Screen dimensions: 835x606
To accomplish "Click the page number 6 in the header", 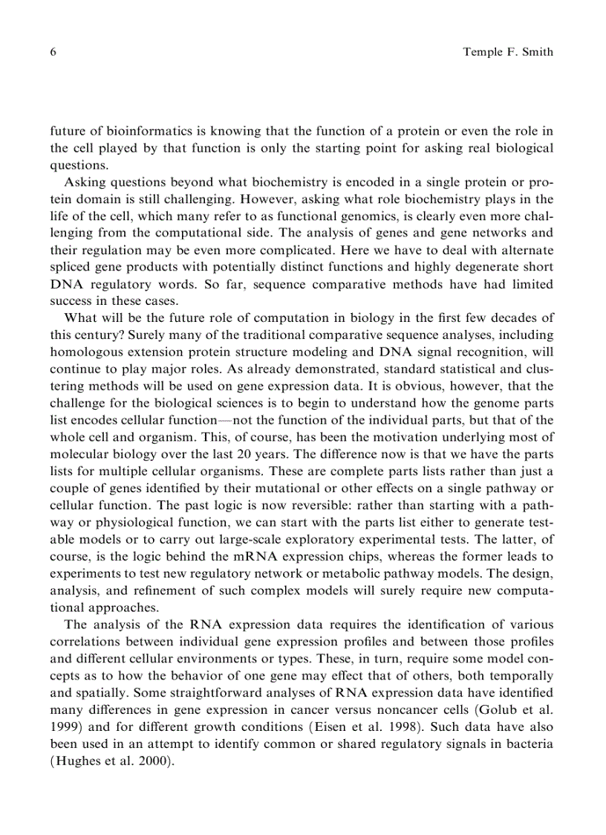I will pos(53,53).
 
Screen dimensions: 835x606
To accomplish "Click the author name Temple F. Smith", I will pos(508,53).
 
